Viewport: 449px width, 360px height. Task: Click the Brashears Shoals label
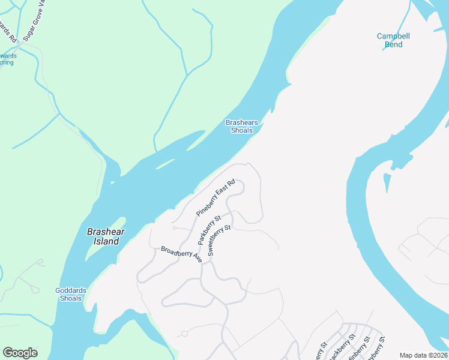(242, 127)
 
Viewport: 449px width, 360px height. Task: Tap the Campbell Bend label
(393, 40)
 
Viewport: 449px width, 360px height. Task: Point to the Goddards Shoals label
(71, 295)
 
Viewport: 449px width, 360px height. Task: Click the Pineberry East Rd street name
(215, 198)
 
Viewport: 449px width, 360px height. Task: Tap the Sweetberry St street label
(219, 241)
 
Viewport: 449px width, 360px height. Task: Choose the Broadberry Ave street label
(181, 254)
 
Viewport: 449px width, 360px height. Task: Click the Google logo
(20, 353)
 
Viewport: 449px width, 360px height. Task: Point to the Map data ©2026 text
(423, 355)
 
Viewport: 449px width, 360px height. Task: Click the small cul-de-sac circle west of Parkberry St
(173, 227)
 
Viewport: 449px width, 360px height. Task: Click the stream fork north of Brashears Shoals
(188, 74)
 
